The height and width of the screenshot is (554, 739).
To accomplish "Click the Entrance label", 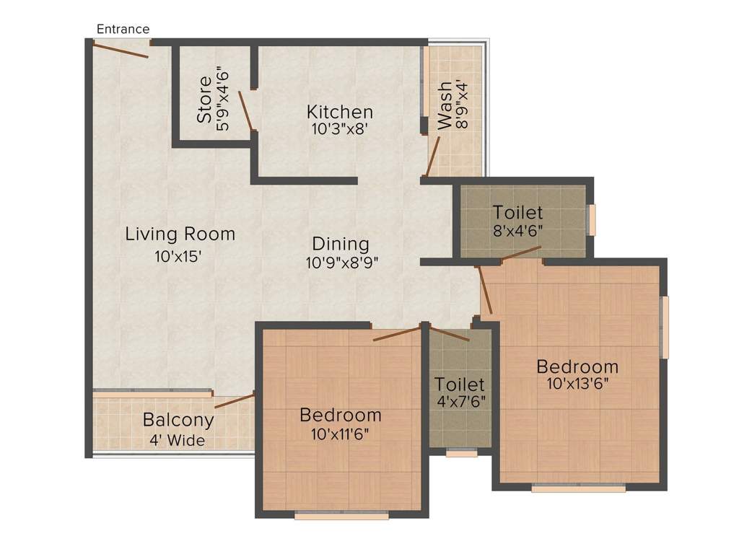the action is click(x=123, y=29).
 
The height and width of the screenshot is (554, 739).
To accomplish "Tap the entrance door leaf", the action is click(x=121, y=50).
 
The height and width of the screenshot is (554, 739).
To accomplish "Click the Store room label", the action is click(x=204, y=100).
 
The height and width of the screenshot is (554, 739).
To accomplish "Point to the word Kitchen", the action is click(x=340, y=112).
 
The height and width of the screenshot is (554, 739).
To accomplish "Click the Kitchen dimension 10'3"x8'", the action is click(x=339, y=128).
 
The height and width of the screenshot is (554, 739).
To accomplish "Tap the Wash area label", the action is click(x=445, y=105).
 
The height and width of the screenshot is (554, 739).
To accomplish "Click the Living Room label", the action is click(x=180, y=234).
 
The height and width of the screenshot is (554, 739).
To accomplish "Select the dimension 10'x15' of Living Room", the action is click(x=178, y=256).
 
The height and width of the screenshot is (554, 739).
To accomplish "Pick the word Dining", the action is click(x=341, y=244).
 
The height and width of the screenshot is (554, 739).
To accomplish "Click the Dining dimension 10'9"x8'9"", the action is click(x=342, y=263).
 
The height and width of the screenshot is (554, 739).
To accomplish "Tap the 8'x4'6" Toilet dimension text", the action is click(x=518, y=232).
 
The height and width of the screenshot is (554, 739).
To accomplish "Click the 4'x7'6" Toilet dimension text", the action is click(x=461, y=402).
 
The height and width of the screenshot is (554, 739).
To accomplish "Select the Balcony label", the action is click(x=179, y=419).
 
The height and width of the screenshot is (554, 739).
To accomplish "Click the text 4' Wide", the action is click(x=178, y=441).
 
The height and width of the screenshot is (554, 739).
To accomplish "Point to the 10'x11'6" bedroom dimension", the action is click(x=340, y=434).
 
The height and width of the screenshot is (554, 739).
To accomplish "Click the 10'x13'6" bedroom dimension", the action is click(x=578, y=384).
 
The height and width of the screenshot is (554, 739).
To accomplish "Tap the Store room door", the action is click(x=247, y=110).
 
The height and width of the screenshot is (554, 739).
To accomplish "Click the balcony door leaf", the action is click(x=235, y=401).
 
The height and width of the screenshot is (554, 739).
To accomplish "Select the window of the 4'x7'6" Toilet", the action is click(x=462, y=453).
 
